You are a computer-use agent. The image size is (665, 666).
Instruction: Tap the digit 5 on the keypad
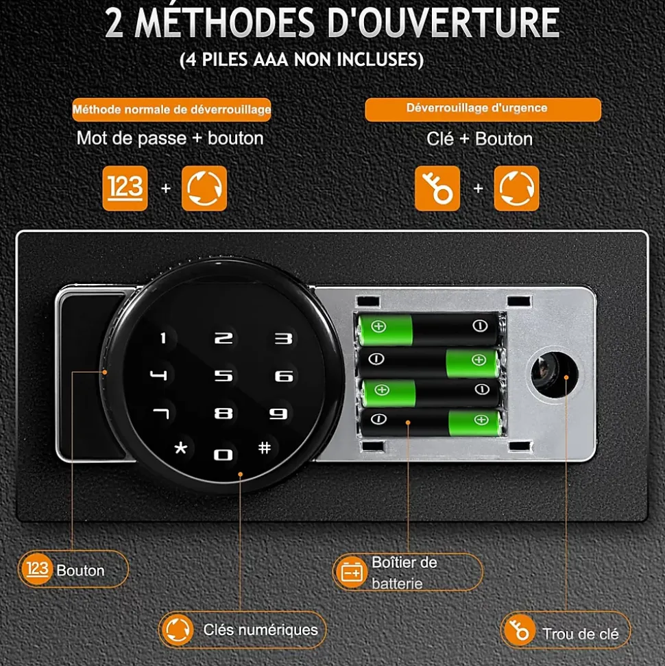point(223,375)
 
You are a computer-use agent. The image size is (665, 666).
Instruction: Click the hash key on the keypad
point(265,447)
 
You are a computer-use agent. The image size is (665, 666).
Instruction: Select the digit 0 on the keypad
point(223,455)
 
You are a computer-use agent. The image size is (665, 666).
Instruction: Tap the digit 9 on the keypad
point(278,414)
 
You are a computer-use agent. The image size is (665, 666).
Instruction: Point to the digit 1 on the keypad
point(163,338)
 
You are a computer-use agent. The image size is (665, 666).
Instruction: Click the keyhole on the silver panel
point(551,375)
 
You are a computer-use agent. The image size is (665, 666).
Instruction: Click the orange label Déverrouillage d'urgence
point(483,110)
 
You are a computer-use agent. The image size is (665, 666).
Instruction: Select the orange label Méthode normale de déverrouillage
point(171,110)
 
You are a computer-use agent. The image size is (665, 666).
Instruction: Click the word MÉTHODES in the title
point(225,23)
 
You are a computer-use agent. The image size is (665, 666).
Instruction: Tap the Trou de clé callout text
point(581,634)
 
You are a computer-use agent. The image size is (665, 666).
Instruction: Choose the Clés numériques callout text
point(261,630)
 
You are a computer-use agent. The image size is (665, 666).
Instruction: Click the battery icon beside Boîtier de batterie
point(352,572)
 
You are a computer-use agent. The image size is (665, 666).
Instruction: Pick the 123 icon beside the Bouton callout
point(38,569)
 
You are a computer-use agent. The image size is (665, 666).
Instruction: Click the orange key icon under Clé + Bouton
point(437,188)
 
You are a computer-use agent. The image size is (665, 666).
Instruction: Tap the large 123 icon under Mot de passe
point(125,188)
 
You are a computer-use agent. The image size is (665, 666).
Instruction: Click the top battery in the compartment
point(428,329)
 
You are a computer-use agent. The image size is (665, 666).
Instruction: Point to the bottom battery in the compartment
point(431,423)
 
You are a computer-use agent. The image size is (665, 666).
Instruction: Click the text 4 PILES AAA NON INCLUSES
point(302,60)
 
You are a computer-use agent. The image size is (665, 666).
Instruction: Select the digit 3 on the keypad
point(284,339)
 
